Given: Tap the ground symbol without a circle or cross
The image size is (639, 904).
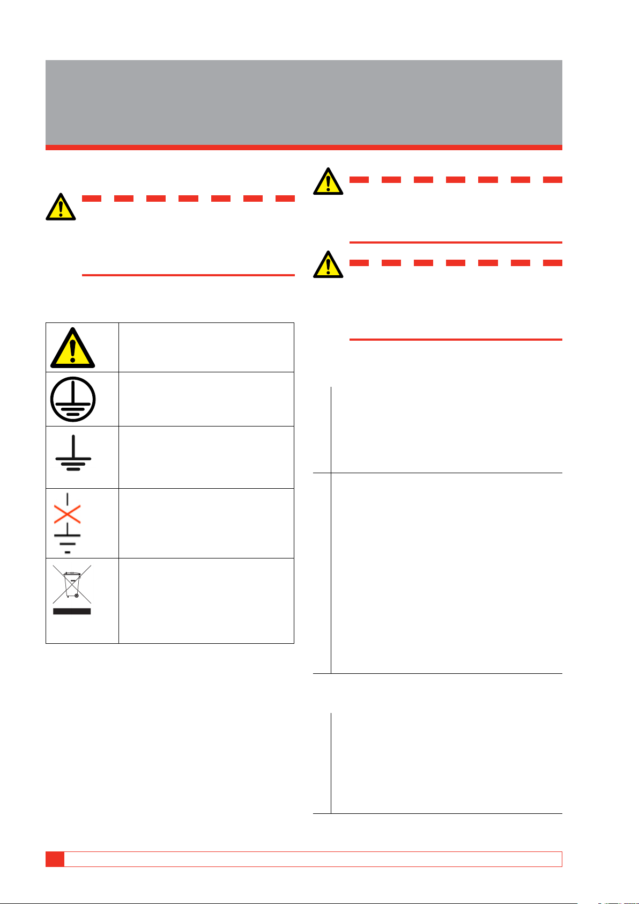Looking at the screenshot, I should point(73,455).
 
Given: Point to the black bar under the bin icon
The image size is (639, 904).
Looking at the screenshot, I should point(72,611).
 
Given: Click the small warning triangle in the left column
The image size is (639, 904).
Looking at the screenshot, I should point(61,207).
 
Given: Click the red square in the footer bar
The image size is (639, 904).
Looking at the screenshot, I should point(55,859).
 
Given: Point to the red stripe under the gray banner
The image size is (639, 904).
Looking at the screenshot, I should point(303,148).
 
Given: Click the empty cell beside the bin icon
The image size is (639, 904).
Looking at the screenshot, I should point(206,600).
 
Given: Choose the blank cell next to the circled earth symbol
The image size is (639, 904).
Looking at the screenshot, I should point(206,399).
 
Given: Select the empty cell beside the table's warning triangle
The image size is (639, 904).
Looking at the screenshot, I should point(206,347).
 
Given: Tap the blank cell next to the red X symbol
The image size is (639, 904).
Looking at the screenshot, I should point(206,523).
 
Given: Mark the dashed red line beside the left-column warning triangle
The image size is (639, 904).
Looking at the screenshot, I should point(188,199).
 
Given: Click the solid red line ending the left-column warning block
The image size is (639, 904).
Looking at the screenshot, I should point(188,275).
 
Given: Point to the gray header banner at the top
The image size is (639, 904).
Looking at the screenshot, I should point(303,102).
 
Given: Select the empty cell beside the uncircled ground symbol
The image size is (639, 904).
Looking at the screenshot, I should point(206,457).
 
